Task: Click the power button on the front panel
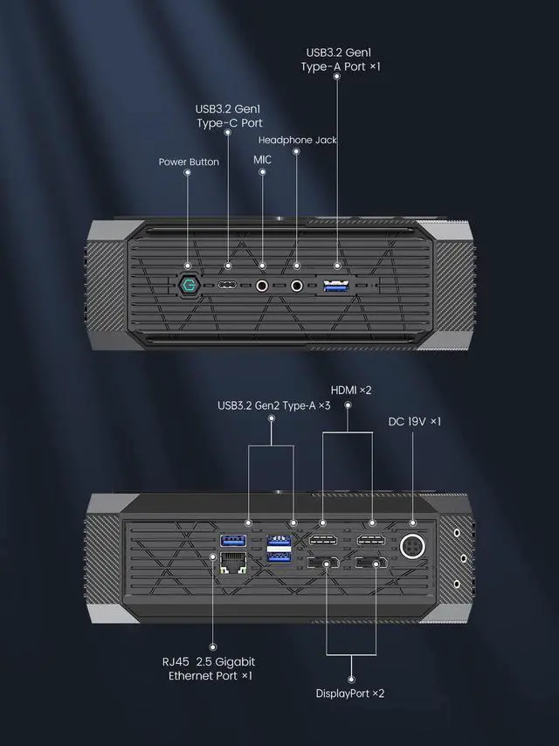point(189,285)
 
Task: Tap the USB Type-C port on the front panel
point(228,286)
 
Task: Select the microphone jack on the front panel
point(263,285)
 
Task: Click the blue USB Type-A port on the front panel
point(337,285)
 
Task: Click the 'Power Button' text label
point(189,162)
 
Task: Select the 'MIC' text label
point(263,160)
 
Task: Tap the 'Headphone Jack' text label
point(298,140)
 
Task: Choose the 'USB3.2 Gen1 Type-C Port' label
point(228,116)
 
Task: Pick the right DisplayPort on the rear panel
point(371,563)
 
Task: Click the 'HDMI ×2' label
point(351,390)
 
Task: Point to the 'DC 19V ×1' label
point(414,421)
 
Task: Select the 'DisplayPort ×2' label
point(349,693)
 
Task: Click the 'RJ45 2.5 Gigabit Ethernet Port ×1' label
point(211,668)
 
